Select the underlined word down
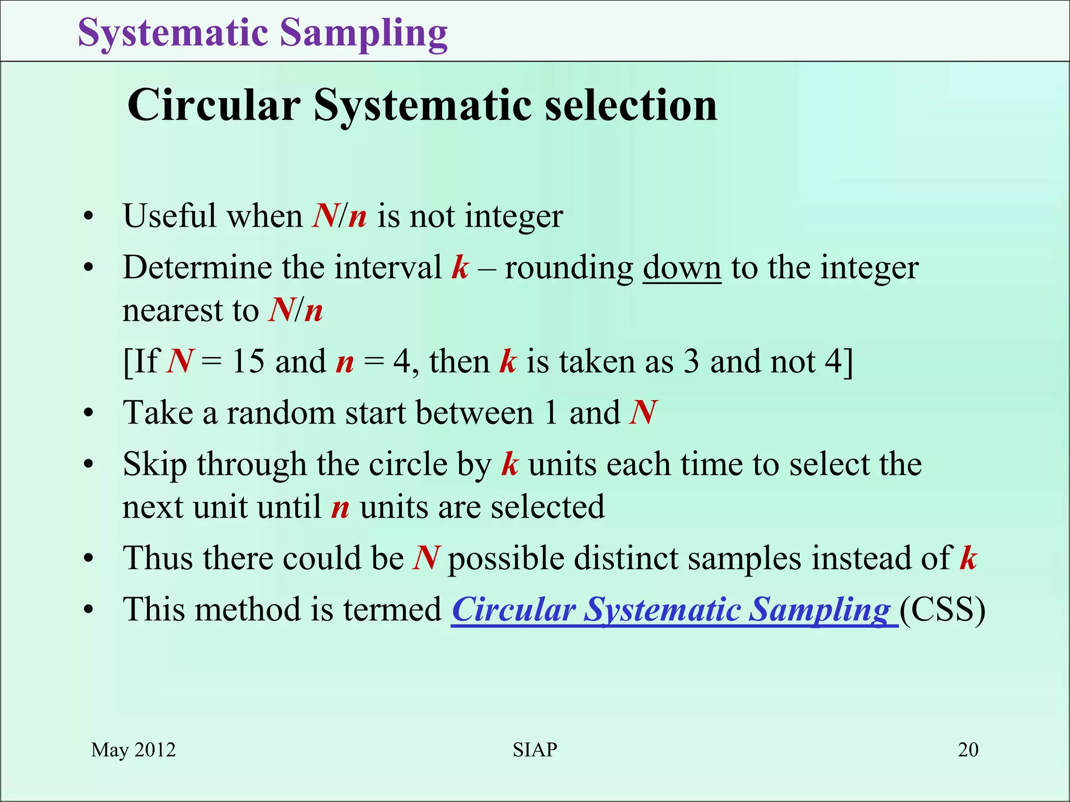click(x=682, y=268)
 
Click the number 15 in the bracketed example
click(x=248, y=361)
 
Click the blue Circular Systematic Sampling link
click(x=674, y=609)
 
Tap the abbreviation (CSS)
click(x=943, y=609)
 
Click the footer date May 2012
click(x=133, y=750)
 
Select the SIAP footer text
click(x=534, y=750)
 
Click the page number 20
click(x=968, y=750)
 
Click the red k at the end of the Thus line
click(x=968, y=558)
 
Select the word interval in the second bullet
click(x=388, y=268)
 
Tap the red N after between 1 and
click(x=643, y=413)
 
